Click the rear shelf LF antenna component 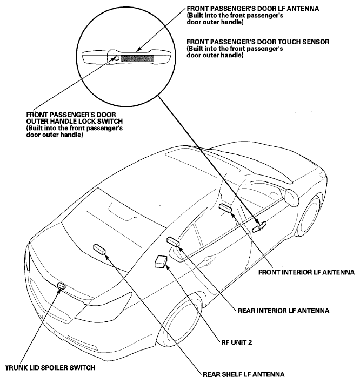click(99, 249)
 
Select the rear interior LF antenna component click(173, 241)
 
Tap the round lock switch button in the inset click(115, 58)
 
